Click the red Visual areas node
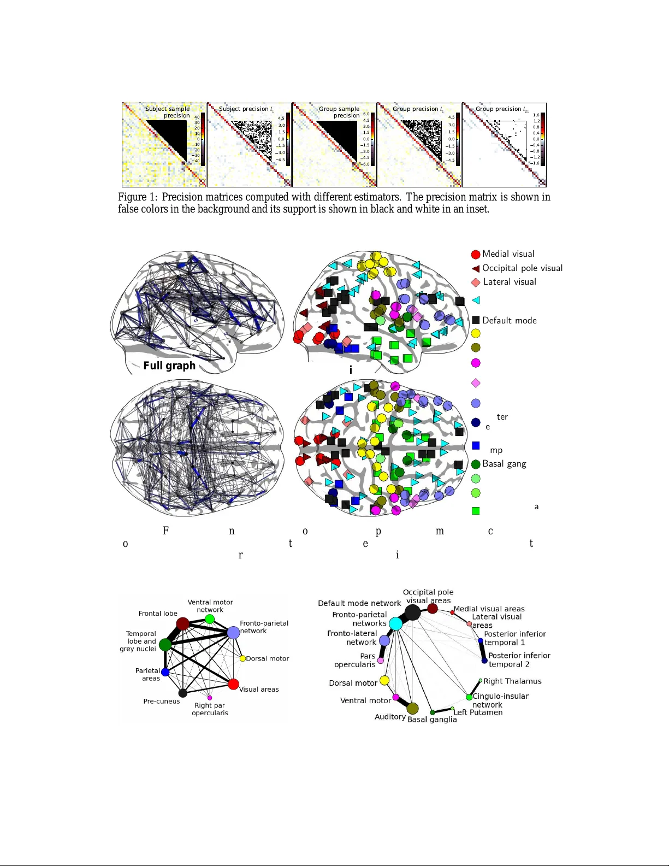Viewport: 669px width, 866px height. [x=233, y=684]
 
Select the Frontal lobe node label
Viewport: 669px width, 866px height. [x=158, y=614]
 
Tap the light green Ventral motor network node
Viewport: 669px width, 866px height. [x=210, y=619]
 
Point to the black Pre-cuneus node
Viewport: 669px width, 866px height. [x=183, y=693]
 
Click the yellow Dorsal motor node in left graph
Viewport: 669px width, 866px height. [x=242, y=658]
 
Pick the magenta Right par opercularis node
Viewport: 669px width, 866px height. [x=210, y=698]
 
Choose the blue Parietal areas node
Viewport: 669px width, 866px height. [x=165, y=672]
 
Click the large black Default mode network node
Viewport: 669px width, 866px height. [x=412, y=612]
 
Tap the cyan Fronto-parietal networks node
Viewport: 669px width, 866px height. [x=395, y=623]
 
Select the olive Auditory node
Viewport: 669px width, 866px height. [x=412, y=709]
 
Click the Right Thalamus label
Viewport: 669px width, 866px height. [x=512, y=681]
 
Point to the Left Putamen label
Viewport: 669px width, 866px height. [x=478, y=712]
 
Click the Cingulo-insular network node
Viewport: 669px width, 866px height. [x=469, y=697]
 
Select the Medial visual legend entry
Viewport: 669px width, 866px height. [x=508, y=254]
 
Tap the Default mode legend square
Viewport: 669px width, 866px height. [x=476, y=320]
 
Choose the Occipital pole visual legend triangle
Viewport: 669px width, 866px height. [x=476, y=268]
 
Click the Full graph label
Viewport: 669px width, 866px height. [x=169, y=366]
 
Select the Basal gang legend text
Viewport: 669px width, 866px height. [x=504, y=464]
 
